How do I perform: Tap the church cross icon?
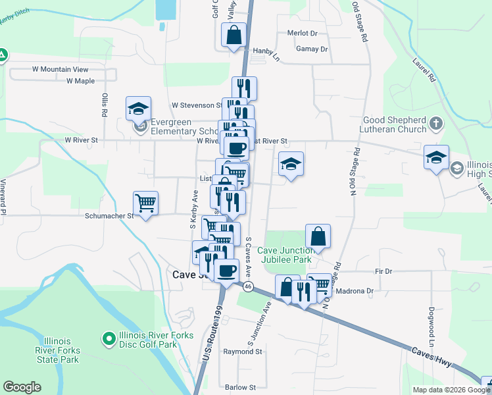pyautogui.click(x=436, y=123)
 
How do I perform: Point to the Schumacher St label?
pyautogui.click(x=109, y=215)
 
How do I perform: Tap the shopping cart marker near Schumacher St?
pyautogui.click(x=145, y=203)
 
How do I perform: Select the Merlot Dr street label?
pyautogui.click(x=302, y=33)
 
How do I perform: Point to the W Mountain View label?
pyautogui.click(x=60, y=69)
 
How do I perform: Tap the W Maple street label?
pyautogui.click(x=80, y=81)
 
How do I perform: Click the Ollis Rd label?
pyautogui.click(x=104, y=105)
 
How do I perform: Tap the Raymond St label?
pyautogui.click(x=243, y=352)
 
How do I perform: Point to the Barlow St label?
pyautogui.click(x=239, y=388)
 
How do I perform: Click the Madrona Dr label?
pyautogui.click(x=355, y=291)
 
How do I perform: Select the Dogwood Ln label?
pyautogui.click(x=432, y=334)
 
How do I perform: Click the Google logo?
pyautogui.click(x=22, y=387)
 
